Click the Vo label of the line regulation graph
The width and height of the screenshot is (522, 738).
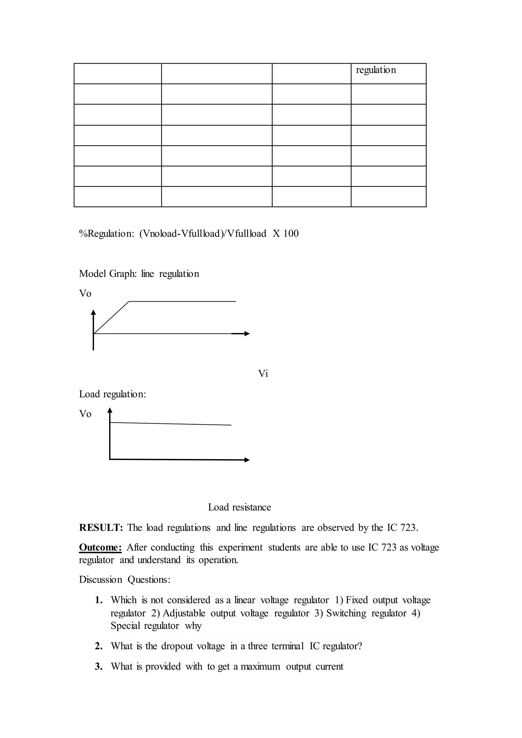(x=85, y=294)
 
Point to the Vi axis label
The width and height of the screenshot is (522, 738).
(x=263, y=374)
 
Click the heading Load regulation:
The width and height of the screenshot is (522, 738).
(x=112, y=394)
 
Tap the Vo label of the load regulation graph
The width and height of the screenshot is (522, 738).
(x=85, y=414)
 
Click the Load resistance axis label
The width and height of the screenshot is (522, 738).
(x=240, y=507)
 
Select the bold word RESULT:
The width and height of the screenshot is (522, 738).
(x=101, y=528)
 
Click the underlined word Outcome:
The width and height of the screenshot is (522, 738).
(x=100, y=547)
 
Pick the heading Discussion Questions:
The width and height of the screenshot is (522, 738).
(x=125, y=579)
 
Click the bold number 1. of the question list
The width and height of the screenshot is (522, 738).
(x=99, y=600)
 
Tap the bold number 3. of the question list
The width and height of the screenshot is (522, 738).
(x=99, y=667)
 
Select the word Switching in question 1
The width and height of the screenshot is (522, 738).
(x=346, y=613)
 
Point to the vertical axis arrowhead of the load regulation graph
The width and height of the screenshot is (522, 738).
(x=110, y=410)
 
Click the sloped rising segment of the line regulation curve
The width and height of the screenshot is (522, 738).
(x=111, y=318)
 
